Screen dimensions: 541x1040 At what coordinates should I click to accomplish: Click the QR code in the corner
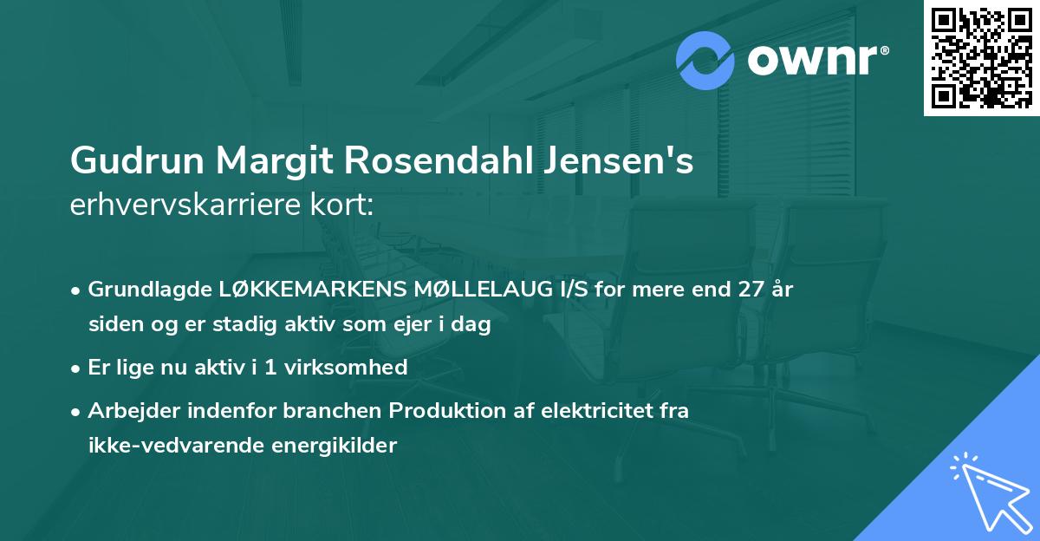tap(982, 57)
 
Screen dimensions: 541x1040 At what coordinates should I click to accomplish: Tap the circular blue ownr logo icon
tap(705, 61)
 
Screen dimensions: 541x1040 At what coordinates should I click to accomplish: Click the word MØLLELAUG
tap(473, 290)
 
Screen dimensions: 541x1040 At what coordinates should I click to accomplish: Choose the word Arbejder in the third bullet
tap(130, 411)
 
